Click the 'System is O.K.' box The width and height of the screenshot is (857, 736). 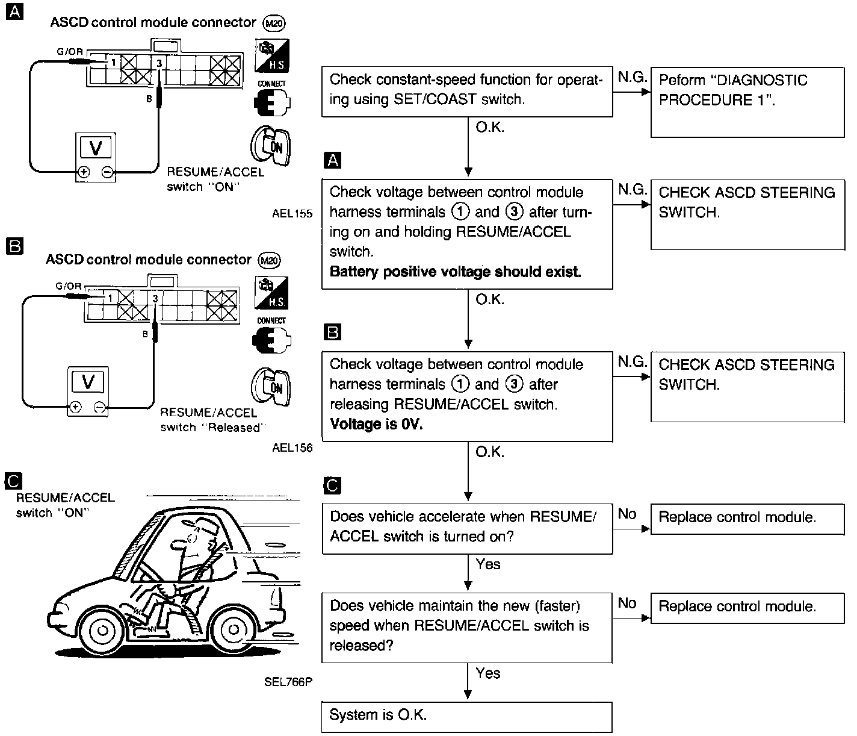(x=466, y=716)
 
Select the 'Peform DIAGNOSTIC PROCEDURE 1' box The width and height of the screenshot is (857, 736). (x=747, y=102)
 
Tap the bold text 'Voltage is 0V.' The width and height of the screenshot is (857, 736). (x=376, y=425)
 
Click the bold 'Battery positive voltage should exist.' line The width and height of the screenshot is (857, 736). (x=455, y=272)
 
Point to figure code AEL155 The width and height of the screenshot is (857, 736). (x=292, y=214)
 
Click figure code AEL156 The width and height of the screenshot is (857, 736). (x=292, y=448)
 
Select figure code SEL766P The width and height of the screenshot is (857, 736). (x=288, y=682)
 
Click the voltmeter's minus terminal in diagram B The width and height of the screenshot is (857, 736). (x=101, y=407)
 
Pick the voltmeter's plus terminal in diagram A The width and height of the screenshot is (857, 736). (x=83, y=172)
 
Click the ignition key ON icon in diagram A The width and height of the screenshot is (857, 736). (x=270, y=145)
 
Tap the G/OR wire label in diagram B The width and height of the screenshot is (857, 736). (x=68, y=286)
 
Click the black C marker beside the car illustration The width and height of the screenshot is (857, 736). (x=13, y=480)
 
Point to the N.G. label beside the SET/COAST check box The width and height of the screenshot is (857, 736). (x=632, y=77)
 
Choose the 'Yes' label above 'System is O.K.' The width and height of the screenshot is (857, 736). (x=487, y=673)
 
